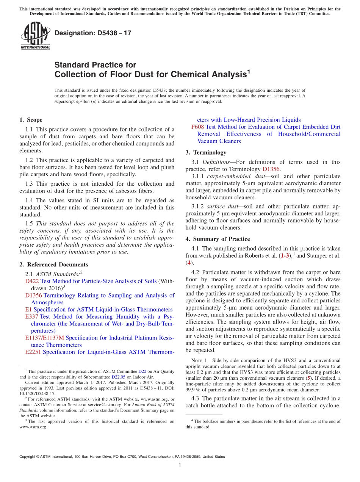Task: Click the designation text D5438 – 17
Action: coord(93,33)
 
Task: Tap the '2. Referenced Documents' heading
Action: coord(53,264)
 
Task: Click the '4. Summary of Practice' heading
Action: coord(218,239)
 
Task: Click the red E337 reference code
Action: coord(31,317)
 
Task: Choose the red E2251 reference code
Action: coord(33,352)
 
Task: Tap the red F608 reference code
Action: coord(198,127)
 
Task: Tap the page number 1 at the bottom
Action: coord(180,465)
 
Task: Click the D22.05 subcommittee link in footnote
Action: coord(117,377)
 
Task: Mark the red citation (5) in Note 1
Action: coord(308,378)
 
